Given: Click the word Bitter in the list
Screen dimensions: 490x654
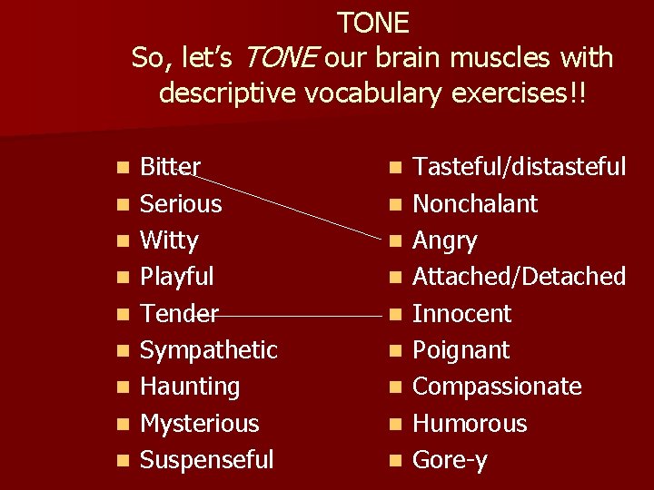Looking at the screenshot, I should [x=171, y=167].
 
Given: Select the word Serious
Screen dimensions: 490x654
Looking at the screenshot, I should [x=181, y=203].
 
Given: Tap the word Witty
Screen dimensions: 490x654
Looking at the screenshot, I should [x=169, y=240].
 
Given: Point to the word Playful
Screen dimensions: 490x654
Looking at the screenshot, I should [x=177, y=277].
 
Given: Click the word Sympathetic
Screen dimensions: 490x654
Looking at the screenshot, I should [x=209, y=350].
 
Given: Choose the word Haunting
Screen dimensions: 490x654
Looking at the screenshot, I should [x=190, y=387].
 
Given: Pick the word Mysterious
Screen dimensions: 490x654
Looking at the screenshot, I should [x=200, y=424].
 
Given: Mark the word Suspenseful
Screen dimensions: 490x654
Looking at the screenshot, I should [x=206, y=460].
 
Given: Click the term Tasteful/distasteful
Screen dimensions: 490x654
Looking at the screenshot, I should [x=520, y=167].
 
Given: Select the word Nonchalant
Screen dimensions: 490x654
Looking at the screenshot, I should [x=475, y=203].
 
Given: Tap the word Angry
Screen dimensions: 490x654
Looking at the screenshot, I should [x=445, y=240].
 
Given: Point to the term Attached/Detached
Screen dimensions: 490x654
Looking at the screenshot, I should [x=520, y=277].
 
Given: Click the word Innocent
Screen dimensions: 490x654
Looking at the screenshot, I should [x=462, y=314].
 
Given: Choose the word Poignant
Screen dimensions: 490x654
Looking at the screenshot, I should [x=461, y=350].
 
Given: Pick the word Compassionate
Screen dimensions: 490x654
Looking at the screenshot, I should [x=497, y=387].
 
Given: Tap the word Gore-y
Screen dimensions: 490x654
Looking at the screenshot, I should [x=451, y=460].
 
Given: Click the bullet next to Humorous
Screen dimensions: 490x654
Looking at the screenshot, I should [x=393, y=425].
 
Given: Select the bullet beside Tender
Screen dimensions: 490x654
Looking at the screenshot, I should [x=121, y=315].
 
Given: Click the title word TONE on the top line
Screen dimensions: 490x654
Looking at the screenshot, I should [x=373, y=22].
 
